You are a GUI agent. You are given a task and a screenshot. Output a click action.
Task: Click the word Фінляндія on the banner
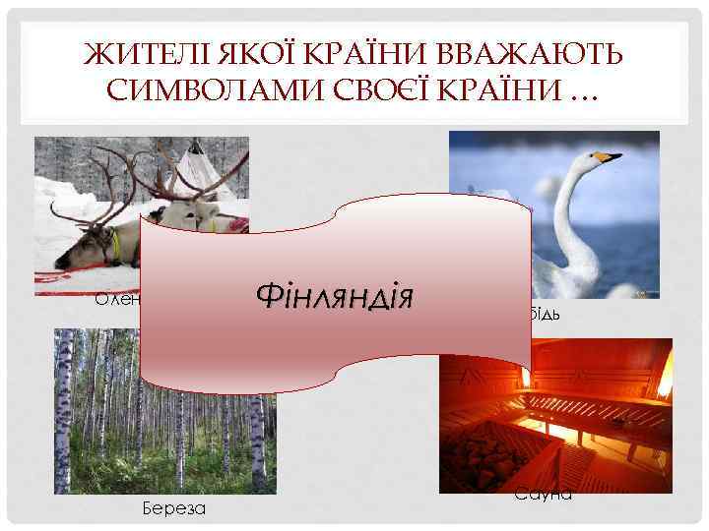tap(333, 294)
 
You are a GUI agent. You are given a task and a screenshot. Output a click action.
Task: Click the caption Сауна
tap(543, 495)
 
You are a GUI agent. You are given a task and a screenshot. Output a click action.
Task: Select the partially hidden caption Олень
tap(117, 299)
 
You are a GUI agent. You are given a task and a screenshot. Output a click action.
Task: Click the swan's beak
tap(611, 156)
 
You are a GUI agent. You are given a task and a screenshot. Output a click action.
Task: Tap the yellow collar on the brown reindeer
tap(117, 246)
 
